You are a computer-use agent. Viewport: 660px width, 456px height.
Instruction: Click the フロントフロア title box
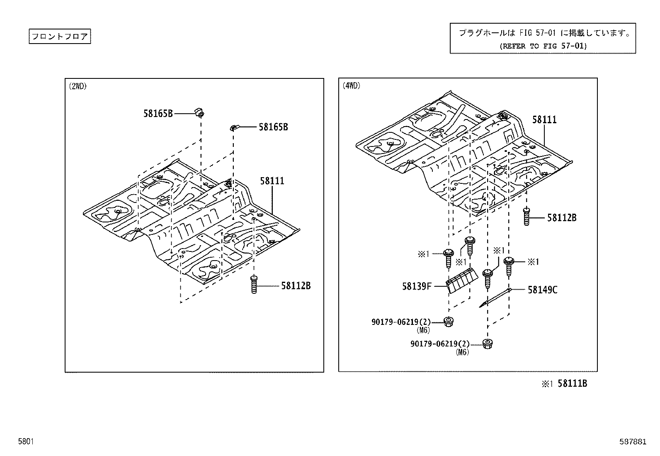pos(60,37)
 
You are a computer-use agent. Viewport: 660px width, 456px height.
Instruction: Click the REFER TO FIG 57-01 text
pos(543,46)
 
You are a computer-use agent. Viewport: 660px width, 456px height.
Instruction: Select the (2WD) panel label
pos(78,86)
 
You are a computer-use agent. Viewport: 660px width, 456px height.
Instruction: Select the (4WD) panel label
pos(351,86)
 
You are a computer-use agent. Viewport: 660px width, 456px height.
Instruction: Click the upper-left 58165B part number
pos(158,113)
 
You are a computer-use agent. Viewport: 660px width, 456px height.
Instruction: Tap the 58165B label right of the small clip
pos(273,127)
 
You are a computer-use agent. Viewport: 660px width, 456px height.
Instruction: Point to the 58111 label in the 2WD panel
pos(272,181)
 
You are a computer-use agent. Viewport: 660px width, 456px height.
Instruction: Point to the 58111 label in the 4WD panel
pos(544,119)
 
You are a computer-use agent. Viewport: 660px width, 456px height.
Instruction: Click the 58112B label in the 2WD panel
pos(296,285)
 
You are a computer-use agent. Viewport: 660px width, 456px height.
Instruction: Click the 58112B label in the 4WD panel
pos(561,217)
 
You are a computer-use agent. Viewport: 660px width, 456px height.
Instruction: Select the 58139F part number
pos(417,286)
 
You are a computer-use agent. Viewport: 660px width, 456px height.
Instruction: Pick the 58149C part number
pos(542,290)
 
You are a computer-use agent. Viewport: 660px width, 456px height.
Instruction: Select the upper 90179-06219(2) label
pos(401,322)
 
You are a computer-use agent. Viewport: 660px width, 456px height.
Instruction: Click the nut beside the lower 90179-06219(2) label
pos(488,344)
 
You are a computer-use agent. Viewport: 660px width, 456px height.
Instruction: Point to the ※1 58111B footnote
pos(564,383)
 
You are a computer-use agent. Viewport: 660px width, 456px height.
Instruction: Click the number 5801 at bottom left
pos(25,441)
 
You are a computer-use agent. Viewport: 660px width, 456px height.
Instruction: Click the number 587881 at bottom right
pos(633,441)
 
